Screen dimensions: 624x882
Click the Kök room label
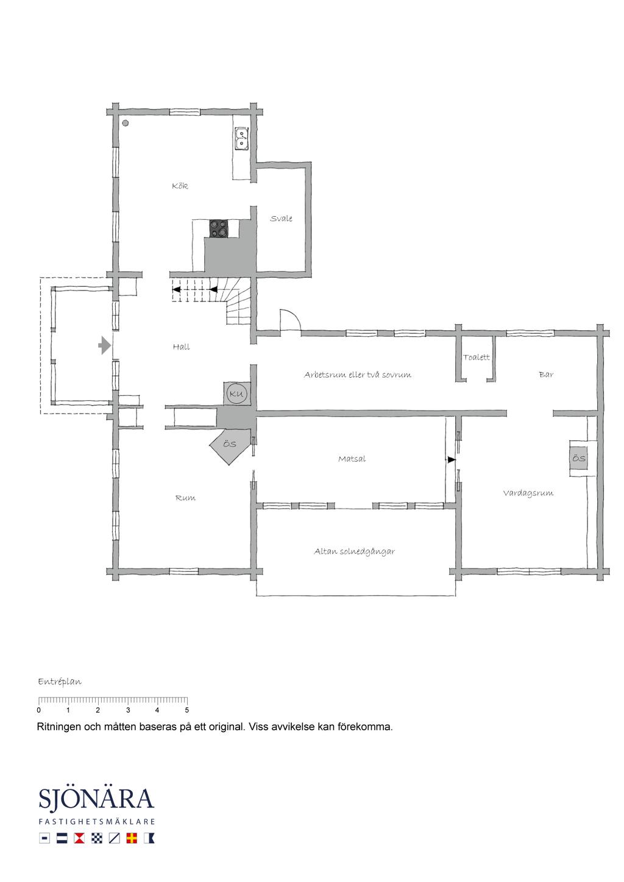tap(180, 186)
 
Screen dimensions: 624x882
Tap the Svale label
tap(281, 218)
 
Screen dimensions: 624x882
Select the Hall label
tap(181, 347)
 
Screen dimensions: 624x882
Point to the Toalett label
tap(477, 357)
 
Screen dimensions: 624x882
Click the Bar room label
tap(546, 375)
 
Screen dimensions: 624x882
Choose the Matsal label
tap(352, 459)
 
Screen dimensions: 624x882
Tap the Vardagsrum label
tap(528, 493)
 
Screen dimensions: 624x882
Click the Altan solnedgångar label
tap(354, 551)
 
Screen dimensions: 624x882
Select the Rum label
tap(185, 498)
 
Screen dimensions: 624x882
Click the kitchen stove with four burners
tap(219, 229)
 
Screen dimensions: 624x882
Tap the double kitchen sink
tap(241, 139)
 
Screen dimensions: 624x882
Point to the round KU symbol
tap(237, 393)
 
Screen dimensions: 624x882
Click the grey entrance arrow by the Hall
tap(104, 346)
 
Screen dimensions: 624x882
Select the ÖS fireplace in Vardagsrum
tap(578, 458)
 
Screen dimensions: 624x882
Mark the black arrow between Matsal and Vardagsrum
tap(452, 459)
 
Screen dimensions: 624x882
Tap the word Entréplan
tap(60, 682)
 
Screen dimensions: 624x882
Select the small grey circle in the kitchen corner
tap(126, 123)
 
